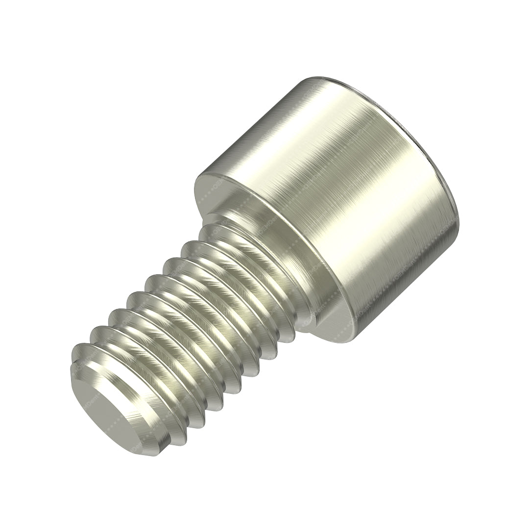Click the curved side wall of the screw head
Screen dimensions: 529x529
(x=343, y=206)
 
